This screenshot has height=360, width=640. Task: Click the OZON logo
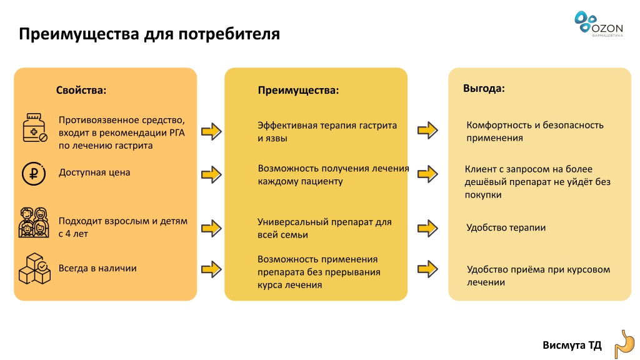(599, 24)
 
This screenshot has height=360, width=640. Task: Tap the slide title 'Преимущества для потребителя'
(149, 34)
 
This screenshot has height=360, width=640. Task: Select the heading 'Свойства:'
(81, 90)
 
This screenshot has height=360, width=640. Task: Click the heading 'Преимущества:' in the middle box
(298, 90)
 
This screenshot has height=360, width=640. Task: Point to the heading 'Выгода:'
(484, 89)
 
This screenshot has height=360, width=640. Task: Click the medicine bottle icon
(35, 127)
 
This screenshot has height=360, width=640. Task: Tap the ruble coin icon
(34, 174)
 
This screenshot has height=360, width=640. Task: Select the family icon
(34, 222)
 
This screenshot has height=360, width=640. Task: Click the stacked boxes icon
(35, 269)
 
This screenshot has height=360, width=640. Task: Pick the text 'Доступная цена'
(94, 172)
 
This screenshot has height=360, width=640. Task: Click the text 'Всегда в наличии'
(97, 268)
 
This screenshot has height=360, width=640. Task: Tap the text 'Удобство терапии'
(506, 227)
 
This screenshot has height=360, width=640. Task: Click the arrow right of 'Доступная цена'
(211, 175)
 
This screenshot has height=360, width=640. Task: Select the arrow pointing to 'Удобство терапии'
(427, 228)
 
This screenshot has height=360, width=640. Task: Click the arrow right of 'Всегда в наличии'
(211, 269)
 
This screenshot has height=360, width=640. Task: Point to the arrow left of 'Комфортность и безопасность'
(427, 130)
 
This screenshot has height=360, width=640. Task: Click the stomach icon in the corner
(625, 345)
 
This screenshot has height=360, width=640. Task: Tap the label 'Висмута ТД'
(572, 345)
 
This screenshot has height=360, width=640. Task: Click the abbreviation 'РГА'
(176, 133)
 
